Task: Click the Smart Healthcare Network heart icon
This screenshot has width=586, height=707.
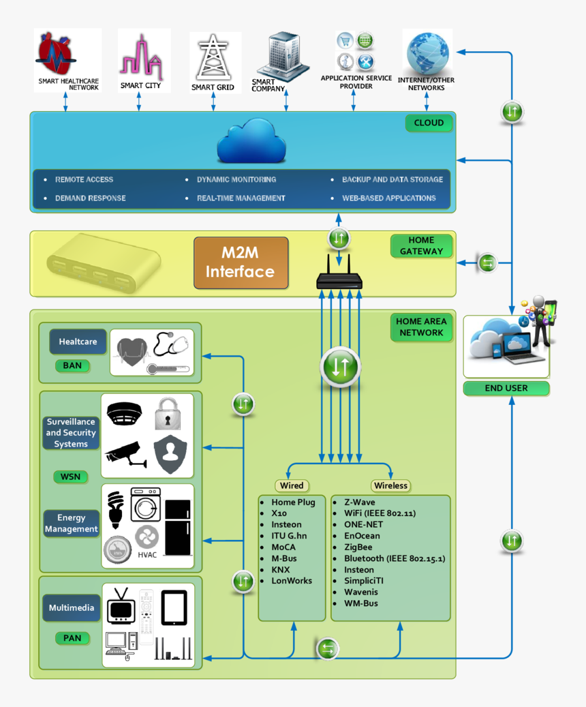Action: (57, 55)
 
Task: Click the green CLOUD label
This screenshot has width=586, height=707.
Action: (429, 123)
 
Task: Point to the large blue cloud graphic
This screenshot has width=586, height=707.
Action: (251, 140)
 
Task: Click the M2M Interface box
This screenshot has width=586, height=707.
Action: (241, 262)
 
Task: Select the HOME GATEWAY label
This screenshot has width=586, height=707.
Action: (421, 245)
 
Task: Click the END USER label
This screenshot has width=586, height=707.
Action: (506, 388)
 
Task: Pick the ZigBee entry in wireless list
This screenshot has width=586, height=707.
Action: (358, 547)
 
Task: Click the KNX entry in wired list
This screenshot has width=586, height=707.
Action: (280, 569)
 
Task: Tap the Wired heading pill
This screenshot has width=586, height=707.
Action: (292, 485)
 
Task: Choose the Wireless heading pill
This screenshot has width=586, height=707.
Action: (390, 485)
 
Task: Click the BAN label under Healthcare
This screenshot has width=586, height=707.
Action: (72, 365)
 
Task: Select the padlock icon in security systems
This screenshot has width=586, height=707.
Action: (167, 414)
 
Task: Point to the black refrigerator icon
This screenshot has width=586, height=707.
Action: (178, 527)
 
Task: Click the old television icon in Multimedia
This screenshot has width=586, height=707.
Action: (121, 605)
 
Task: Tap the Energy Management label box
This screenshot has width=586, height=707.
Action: (72, 524)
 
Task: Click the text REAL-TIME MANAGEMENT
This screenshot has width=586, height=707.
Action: (241, 198)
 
